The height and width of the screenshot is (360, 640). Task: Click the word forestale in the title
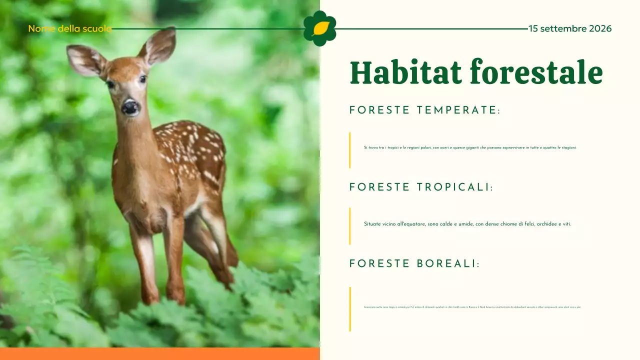point(536,72)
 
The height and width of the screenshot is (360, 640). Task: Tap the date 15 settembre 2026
point(570,28)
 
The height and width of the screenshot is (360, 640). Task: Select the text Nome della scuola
point(69,28)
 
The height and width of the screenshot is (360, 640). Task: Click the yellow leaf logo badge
point(320,28)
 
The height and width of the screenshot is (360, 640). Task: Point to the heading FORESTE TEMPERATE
point(424,110)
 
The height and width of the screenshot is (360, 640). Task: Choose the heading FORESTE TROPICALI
point(421,187)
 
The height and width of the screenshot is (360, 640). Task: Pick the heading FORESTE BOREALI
point(414,264)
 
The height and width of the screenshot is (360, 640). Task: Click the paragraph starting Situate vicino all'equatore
point(467,224)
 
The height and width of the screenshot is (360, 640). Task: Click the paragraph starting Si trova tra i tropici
point(470,147)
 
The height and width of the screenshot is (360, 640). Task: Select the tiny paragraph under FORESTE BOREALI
point(472,307)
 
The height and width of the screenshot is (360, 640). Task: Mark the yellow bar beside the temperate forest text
point(350,150)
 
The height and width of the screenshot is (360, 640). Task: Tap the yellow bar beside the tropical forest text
point(350,226)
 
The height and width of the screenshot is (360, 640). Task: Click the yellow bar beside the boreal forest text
point(350,308)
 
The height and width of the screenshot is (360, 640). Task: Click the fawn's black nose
point(130,106)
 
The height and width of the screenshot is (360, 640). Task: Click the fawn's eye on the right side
point(142,79)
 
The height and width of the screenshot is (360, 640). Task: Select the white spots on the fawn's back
point(190,145)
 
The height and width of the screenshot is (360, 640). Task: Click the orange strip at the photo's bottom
point(160,353)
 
